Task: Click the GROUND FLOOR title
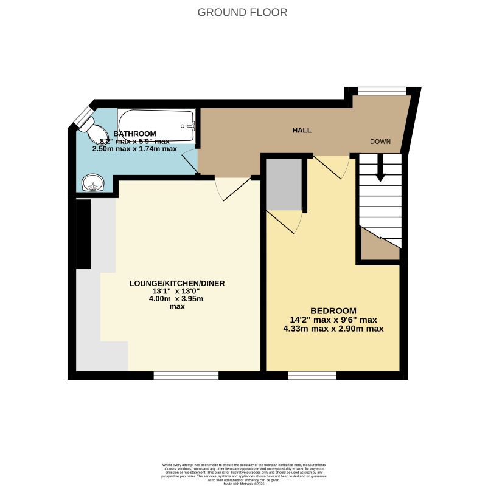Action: tap(242, 12)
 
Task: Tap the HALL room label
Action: tap(302, 130)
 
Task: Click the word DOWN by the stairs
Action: tap(380, 142)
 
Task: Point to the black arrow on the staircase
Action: tap(380, 168)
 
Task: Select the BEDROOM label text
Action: tap(333, 310)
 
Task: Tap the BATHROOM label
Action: tap(134, 134)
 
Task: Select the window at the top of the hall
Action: tap(382, 91)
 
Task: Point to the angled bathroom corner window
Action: tap(82, 115)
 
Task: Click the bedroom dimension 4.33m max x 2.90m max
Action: tap(333, 329)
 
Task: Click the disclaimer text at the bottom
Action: tap(243, 472)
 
